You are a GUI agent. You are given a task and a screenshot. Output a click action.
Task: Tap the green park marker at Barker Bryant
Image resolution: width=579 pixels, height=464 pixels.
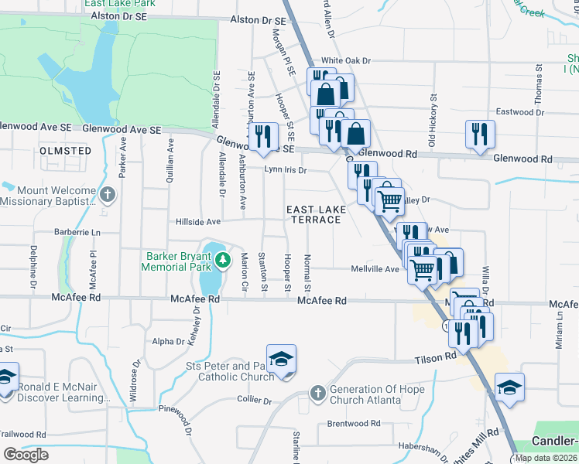coord(223,259)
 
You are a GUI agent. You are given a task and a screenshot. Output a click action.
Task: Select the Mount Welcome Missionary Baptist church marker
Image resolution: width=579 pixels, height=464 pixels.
coord(108,194)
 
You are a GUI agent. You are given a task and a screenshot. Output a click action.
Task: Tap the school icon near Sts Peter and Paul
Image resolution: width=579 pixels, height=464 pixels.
coord(282,360)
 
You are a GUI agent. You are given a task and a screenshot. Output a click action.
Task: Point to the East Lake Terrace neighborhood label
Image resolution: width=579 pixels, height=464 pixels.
coord(314,214)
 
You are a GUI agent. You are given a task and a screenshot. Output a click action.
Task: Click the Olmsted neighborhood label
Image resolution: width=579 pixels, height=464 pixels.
coord(66,151)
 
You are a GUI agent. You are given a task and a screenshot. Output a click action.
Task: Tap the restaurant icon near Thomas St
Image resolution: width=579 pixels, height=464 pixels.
coord(480,134)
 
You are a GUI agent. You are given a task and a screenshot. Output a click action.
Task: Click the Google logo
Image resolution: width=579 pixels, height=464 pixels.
coord(26,454)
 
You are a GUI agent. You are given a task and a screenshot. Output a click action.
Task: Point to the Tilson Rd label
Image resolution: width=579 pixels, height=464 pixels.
coord(436,358)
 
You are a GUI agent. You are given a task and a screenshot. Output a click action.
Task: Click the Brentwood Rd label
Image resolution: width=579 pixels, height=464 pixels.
coord(354,423)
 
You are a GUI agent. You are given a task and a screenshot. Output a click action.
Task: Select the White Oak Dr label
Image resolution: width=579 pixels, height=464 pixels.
coord(347,60)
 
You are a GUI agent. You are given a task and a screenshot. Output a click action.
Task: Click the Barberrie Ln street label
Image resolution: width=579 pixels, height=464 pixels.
coord(77,231)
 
